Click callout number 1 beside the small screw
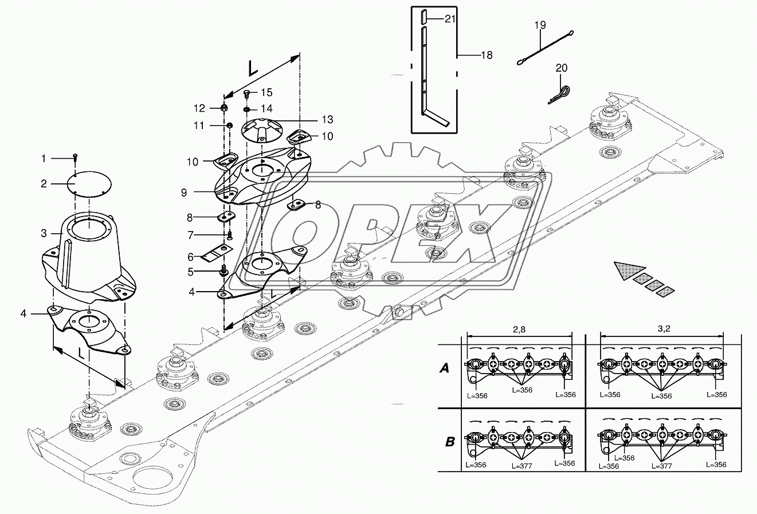click(x=44, y=158)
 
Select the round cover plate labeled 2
click(x=89, y=184)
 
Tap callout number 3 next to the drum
click(x=44, y=233)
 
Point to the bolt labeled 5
click(x=224, y=270)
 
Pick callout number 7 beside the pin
click(x=191, y=235)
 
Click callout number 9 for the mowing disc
click(x=184, y=193)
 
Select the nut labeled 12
click(x=223, y=108)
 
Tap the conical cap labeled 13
click(x=262, y=130)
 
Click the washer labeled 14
click(x=247, y=109)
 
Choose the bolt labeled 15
click(x=247, y=93)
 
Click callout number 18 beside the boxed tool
click(x=487, y=55)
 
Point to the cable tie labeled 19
click(x=545, y=48)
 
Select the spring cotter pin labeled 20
click(x=559, y=95)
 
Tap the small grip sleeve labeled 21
click(x=424, y=15)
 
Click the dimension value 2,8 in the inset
click(x=519, y=329)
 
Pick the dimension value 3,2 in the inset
click(x=664, y=328)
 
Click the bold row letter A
click(x=444, y=368)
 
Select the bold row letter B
click(x=450, y=442)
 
